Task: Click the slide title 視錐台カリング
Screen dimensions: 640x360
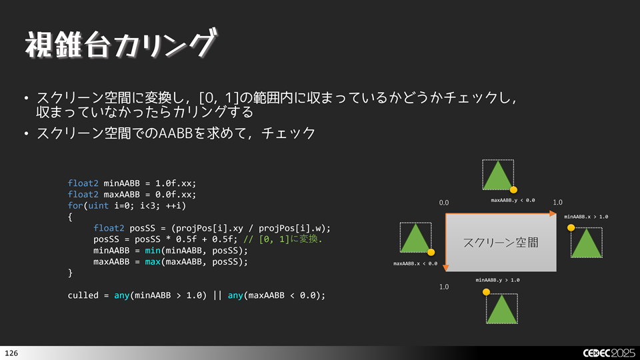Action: [x=121, y=44]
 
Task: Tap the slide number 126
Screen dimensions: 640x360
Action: [x=11, y=353]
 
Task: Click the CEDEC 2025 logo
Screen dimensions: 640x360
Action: [x=609, y=353]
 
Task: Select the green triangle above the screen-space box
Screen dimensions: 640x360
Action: [x=498, y=175]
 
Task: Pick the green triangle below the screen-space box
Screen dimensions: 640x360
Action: [x=501, y=309]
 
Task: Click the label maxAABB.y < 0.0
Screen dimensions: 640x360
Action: [x=513, y=201]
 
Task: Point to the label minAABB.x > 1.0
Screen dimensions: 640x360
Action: [x=586, y=217]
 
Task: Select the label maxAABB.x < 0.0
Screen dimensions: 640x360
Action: [x=415, y=264]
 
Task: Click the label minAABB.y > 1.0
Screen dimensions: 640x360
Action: [x=497, y=280]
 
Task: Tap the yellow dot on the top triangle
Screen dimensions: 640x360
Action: [x=513, y=190]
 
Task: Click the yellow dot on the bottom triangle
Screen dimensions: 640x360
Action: [x=486, y=292]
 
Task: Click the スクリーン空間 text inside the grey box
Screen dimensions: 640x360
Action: [x=501, y=243]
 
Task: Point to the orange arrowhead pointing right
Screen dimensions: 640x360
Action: [x=553, y=213]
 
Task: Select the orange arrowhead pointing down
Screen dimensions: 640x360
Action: [x=446, y=268]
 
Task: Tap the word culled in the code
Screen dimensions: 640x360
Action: [x=83, y=295]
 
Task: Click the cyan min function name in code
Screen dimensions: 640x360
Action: [x=153, y=250]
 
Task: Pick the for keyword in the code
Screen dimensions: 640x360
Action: [x=75, y=205]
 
